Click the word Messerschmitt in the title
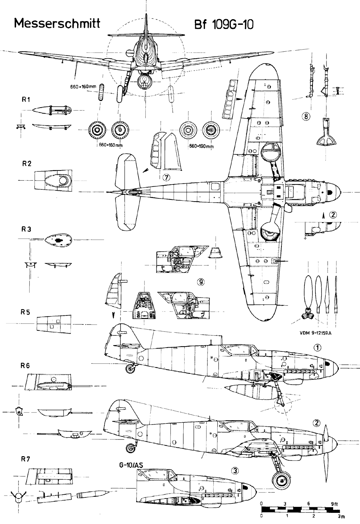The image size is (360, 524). pyautogui.click(x=57, y=24)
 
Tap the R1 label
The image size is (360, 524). pyautogui.click(x=25, y=100)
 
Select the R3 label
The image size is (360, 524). pyautogui.click(x=27, y=230)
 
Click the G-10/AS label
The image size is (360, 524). pyautogui.click(x=134, y=465)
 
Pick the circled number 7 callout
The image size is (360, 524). pyautogui.click(x=166, y=177)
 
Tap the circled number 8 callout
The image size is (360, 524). pyautogui.click(x=306, y=117)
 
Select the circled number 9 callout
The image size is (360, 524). pyautogui.click(x=200, y=282)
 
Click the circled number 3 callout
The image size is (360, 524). pyautogui.click(x=235, y=471)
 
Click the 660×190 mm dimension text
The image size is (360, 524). pyautogui.click(x=201, y=146)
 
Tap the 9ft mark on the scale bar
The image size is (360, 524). pyautogui.click(x=334, y=504)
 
